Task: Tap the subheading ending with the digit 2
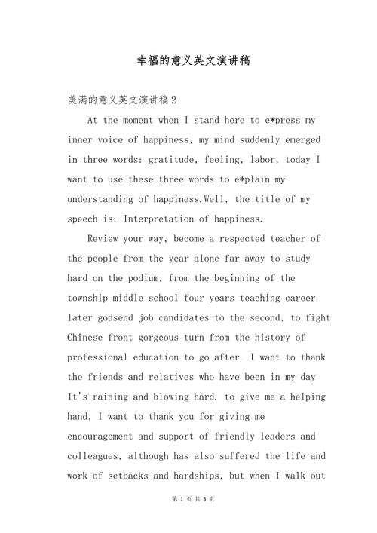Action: pos(121,100)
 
